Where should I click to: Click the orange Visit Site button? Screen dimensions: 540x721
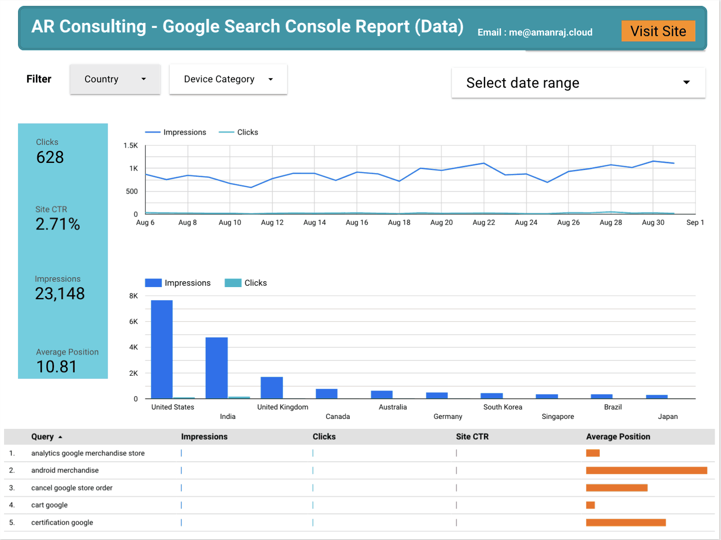tap(658, 31)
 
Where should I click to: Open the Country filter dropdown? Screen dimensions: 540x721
tap(115, 79)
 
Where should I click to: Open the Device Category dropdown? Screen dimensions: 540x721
tap(228, 79)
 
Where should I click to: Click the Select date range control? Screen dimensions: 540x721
tap(578, 83)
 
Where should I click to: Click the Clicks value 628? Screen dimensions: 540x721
tap(50, 157)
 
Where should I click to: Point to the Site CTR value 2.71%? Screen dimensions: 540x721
tap(58, 224)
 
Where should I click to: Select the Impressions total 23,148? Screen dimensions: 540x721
tap(60, 293)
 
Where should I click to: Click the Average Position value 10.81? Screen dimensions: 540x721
tap(56, 366)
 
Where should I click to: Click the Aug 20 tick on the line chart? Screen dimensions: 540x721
tap(441, 222)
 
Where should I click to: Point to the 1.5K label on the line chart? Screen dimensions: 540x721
tap(131, 145)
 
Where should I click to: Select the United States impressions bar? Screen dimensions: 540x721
tap(162, 349)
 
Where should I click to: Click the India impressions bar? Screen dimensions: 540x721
tap(216, 368)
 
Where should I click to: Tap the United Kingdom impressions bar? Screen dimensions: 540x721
tap(272, 387)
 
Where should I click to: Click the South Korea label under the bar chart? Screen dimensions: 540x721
tap(503, 407)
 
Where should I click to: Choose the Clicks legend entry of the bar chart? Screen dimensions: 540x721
tap(246, 283)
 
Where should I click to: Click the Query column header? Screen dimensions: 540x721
tap(42, 436)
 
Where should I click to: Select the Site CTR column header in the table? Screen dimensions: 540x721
tap(472, 436)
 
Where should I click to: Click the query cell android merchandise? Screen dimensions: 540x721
tap(65, 470)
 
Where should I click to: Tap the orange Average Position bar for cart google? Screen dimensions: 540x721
tap(590, 505)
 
